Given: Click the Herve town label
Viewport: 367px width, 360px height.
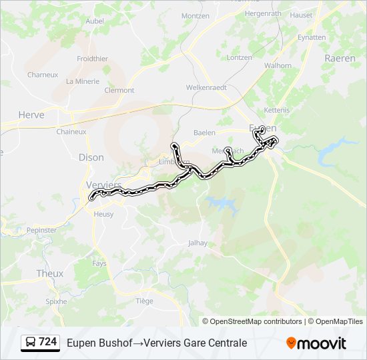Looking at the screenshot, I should (31, 115).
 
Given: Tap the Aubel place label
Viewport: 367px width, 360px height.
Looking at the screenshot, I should (95, 21).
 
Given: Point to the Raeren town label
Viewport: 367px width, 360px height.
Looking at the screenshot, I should (340, 58).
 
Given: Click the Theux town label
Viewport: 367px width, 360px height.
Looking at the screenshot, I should (50, 273).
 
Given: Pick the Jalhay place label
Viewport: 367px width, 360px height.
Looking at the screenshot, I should (198, 243).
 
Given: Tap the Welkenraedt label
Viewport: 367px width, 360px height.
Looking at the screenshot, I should (206, 87).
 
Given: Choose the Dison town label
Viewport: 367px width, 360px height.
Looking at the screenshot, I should (91, 158).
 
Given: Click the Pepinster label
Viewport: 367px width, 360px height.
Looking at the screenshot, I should (42, 230).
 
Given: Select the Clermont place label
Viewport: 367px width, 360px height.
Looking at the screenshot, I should (119, 90).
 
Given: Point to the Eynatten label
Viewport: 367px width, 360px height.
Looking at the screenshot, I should (312, 37).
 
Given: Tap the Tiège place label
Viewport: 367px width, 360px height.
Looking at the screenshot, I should (144, 301).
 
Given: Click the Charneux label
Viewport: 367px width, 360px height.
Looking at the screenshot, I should (43, 75).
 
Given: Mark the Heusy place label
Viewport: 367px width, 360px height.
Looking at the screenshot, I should (103, 214).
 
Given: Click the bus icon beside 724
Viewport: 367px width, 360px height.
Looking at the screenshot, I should (31, 343).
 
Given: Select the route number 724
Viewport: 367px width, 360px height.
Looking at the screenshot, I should (48, 342).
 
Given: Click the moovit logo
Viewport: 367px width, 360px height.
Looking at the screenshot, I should (316, 343).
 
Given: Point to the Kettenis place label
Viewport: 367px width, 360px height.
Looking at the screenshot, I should (276, 109).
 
